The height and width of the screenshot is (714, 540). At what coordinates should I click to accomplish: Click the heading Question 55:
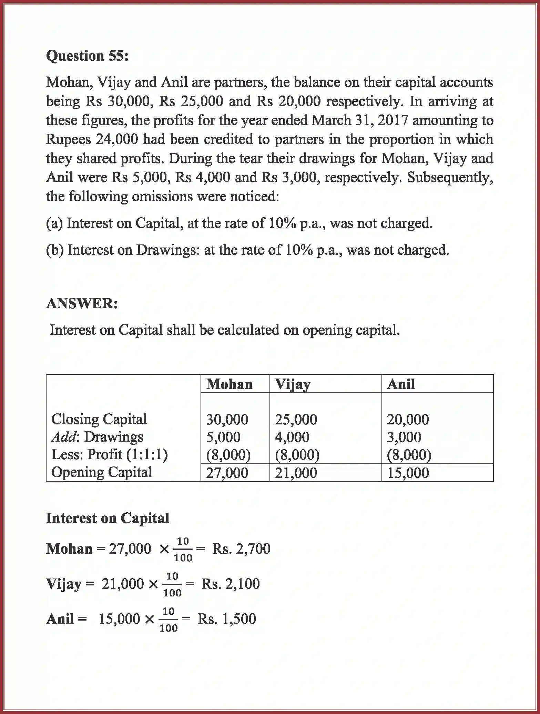87,56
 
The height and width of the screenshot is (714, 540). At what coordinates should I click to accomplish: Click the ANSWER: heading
82,304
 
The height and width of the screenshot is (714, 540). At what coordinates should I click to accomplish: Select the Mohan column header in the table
229,384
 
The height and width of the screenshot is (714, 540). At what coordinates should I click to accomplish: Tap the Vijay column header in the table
293,384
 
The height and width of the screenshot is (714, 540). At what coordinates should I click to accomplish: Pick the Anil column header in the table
400,384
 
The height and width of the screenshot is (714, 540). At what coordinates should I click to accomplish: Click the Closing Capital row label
99,419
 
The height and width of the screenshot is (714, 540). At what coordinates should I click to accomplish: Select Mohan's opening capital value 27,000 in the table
227,473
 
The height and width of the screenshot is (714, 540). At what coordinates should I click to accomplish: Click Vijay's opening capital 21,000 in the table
296,473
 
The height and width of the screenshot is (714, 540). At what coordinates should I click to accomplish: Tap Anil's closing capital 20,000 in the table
408,420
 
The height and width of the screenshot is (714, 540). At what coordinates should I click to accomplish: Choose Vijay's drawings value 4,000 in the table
292,437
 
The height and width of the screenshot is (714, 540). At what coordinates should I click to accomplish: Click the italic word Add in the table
63,437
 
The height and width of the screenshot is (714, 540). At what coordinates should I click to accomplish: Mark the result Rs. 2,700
241,549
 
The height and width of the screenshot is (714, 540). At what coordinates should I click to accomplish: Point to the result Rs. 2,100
230,584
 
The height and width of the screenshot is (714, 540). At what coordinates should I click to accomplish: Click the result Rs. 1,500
227,619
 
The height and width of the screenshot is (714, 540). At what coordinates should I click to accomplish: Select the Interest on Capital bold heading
108,518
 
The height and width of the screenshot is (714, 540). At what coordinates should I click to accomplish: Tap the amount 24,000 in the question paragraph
117,139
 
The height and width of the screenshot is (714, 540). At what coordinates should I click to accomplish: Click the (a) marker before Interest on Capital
54,223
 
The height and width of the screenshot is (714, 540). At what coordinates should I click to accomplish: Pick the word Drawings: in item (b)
168,250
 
